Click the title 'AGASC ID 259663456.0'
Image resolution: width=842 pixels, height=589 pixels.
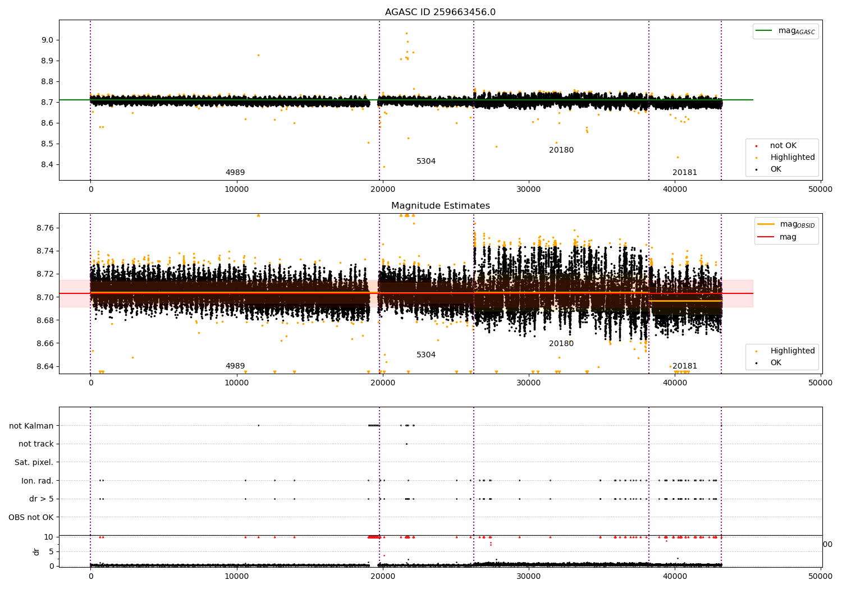440,12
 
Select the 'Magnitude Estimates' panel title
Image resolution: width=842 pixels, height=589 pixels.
440,206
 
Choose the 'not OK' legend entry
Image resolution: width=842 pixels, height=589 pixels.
782,146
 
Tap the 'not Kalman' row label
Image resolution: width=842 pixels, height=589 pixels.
31,426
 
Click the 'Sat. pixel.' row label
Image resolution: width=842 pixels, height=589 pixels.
34,462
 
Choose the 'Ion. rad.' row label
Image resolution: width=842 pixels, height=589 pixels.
37,481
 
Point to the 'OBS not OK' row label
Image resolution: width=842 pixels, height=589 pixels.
31,517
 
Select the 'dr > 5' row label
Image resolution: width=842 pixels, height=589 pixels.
41,499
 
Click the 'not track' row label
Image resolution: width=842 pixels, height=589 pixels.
36,444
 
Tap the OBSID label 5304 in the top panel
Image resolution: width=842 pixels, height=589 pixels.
426,162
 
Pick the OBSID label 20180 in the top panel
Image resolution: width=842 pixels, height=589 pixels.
561,150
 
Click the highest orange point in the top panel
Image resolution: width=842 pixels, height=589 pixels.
406,33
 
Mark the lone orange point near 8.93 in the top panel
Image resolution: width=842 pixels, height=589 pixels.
258,55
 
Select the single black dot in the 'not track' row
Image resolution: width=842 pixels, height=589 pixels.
406,444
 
